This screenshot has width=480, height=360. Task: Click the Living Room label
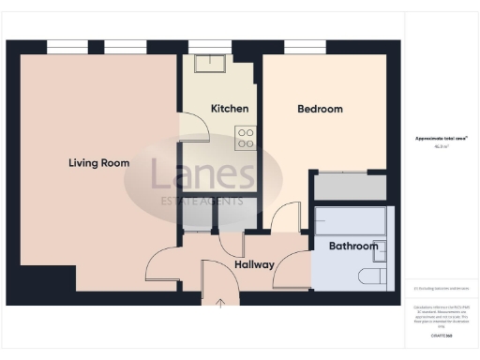pyautogui.click(x=98, y=163)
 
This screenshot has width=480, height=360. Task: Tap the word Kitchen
pyautogui.click(x=230, y=109)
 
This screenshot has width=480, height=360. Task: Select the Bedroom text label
pyautogui.click(x=320, y=109)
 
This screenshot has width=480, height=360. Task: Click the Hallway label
pyautogui.click(x=254, y=264)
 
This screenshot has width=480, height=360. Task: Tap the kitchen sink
pyautogui.click(x=209, y=63)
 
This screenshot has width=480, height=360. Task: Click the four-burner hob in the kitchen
pyautogui.click(x=246, y=138)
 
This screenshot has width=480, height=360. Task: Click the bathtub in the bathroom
pyautogui.click(x=350, y=221)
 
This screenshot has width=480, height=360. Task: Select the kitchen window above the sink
pyautogui.click(x=209, y=45)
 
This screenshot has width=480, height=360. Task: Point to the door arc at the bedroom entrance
pyautogui.click(x=283, y=220)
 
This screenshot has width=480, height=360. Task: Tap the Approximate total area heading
pyautogui.click(x=442, y=138)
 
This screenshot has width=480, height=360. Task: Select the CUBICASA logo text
pyautogui.click(x=442, y=335)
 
